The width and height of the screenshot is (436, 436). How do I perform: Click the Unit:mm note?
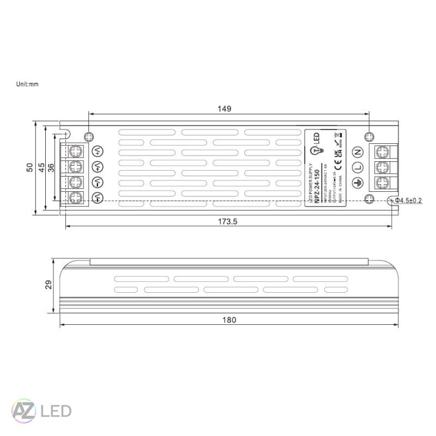point(27,84)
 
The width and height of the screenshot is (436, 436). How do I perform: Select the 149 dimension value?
point(225,108)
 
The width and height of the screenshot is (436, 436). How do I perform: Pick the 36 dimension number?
point(51,168)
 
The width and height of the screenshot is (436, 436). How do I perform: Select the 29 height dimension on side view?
point(49,284)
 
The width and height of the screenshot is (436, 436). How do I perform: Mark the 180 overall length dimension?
point(229,320)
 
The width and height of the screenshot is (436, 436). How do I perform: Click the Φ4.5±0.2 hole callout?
point(409,201)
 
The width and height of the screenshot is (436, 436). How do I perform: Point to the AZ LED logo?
point(41,409)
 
